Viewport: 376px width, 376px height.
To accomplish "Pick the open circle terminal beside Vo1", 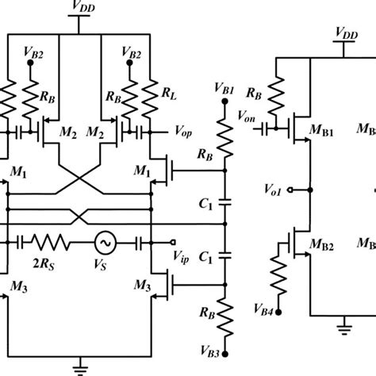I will (x=290, y=190).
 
